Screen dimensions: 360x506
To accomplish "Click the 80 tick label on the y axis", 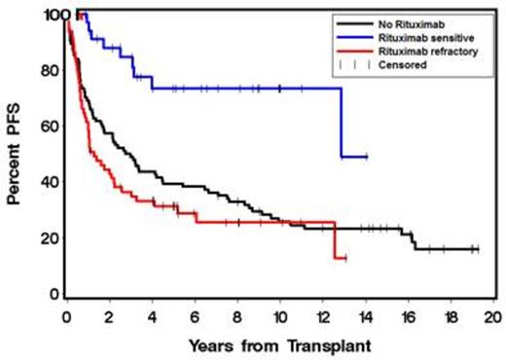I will click(x=47, y=71).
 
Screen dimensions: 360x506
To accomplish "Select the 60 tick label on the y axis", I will click(x=47, y=127).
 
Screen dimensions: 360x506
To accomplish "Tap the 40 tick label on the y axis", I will click(x=47, y=184).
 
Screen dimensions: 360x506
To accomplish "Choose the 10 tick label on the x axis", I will click(x=279, y=316).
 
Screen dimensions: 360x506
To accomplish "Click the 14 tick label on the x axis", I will click(x=365, y=316).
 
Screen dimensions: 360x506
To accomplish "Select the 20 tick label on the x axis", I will click(x=492, y=316).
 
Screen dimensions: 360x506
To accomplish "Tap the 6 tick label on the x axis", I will click(x=195, y=316).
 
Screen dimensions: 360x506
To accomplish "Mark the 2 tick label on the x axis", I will click(x=109, y=316).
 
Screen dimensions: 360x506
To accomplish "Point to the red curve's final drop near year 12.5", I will click(x=334, y=240).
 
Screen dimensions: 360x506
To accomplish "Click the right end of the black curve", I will click(x=477, y=249).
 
